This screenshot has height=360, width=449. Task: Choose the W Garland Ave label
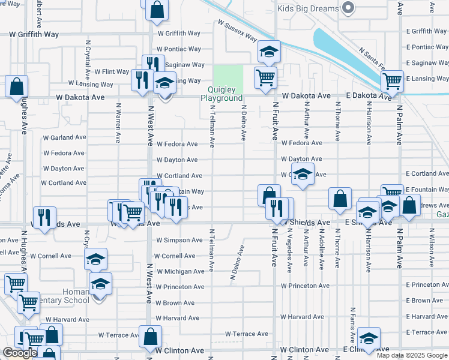[x=65, y=137]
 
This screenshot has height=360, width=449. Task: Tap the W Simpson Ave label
[x=179, y=240]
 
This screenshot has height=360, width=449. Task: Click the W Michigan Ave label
[x=180, y=271]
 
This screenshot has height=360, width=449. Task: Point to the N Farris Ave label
[x=352, y=325]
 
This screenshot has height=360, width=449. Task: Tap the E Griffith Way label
[x=426, y=31]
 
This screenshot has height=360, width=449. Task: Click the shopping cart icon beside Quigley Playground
[x=265, y=77]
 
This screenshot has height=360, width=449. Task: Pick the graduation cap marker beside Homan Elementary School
[x=101, y=283]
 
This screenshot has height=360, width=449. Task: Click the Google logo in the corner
[x=20, y=353]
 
